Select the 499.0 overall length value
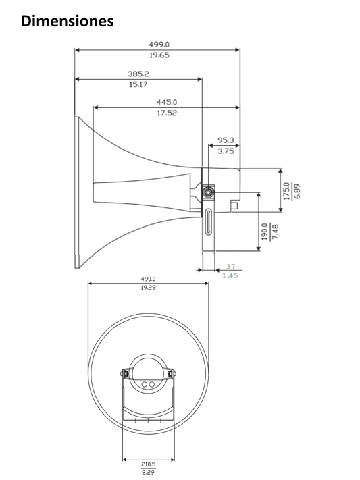click(x=159, y=45)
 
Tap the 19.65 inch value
click(x=159, y=55)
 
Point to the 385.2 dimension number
click(x=138, y=74)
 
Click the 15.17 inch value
click(x=138, y=85)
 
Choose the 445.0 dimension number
click(x=167, y=103)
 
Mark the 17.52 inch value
click(x=167, y=113)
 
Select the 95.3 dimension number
click(x=226, y=140)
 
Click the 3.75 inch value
click(x=226, y=151)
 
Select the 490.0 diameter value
click(x=149, y=278)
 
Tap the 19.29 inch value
click(x=149, y=288)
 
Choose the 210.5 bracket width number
click(x=149, y=464)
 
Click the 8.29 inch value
click(x=149, y=473)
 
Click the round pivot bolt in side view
click(x=209, y=192)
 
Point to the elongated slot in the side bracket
click(x=209, y=221)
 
